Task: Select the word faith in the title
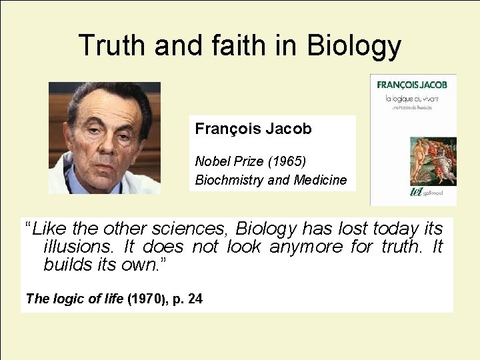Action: [x=235, y=45]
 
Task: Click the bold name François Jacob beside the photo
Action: [x=253, y=129]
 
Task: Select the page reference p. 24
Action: [x=187, y=299]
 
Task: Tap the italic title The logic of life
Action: [x=75, y=299]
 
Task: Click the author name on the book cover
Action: [x=412, y=85]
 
